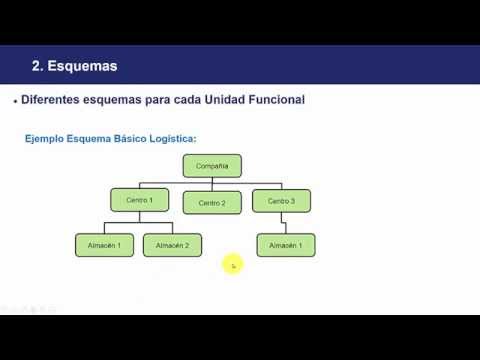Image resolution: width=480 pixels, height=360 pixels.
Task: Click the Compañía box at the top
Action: [212, 166]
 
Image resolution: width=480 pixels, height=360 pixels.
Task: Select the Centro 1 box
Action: [139, 201]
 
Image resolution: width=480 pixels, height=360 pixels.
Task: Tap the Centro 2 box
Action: [212, 202]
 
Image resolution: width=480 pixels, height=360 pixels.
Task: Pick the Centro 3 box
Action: [281, 201]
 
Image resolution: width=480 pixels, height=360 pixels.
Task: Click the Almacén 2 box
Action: [172, 245]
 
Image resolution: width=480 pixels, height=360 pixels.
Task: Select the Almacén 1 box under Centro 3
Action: [286, 245]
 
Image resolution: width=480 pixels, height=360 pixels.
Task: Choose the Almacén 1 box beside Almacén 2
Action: [104, 245]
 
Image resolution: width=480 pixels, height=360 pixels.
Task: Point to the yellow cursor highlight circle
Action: [233, 265]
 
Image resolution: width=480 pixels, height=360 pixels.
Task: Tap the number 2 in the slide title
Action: [36, 67]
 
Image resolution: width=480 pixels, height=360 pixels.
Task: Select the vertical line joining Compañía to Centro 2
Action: [212, 183]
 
